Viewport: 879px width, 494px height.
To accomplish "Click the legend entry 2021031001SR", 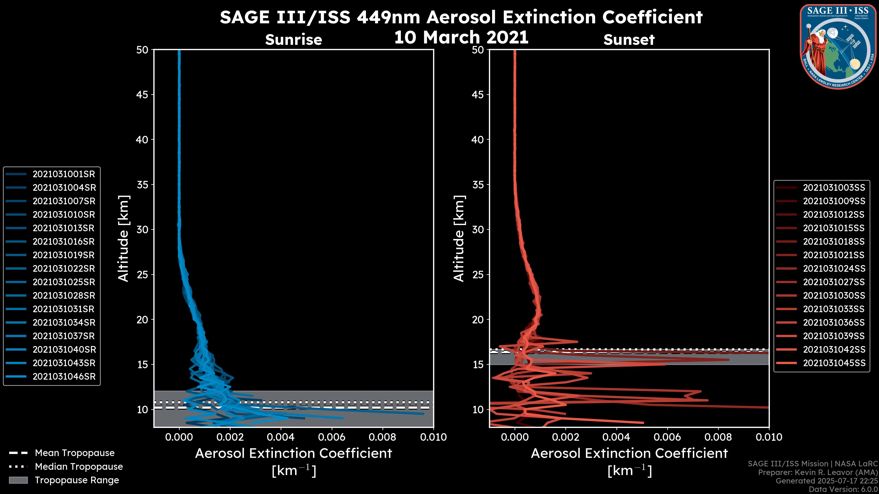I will click(x=63, y=174).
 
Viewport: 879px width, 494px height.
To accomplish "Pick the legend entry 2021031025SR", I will click(x=63, y=282).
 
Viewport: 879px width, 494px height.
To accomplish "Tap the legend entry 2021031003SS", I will click(x=834, y=188).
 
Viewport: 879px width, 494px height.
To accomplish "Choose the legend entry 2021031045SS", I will click(x=834, y=363).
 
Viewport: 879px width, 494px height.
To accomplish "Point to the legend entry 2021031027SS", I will click(x=834, y=282).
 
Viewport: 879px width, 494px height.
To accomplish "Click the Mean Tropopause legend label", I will click(x=74, y=453).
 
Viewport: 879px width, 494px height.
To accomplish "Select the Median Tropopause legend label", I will click(x=79, y=467).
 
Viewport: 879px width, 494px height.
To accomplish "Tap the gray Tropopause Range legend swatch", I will click(x=18, y=480).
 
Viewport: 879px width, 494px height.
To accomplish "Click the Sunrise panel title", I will click(x=293, y=40).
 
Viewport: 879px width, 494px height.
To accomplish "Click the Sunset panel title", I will click(x=629, y=40).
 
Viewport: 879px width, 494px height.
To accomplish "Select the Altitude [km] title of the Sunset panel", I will click(x=459, y=239).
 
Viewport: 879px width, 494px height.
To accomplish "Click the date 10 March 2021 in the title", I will click(x=461, y=38).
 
